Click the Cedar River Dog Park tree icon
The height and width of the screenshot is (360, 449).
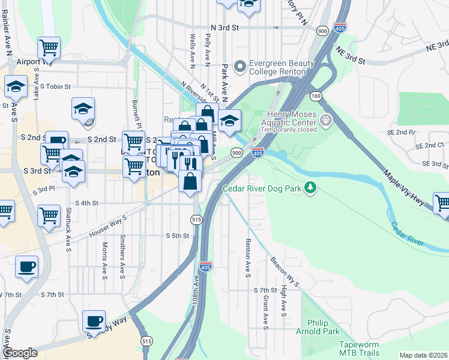tap(310, 188)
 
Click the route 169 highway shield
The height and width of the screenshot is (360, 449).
tap(316, 96)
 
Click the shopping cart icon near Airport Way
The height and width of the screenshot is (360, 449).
tap(49, 48)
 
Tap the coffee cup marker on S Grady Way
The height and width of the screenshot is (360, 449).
tap(93, 321)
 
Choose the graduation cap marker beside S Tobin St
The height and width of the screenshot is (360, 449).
tap(16, 87)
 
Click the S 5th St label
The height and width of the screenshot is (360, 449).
tap(178, 236)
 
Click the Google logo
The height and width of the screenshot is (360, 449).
tap(20, 353)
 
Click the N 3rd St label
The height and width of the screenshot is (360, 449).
tap(225, 28)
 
